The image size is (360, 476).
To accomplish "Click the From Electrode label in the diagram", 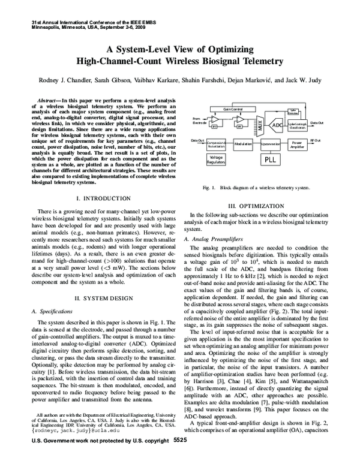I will point(200,120).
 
